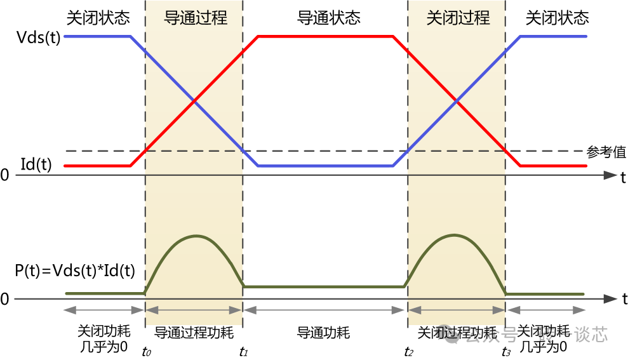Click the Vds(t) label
point(39,37)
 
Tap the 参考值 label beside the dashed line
point(606,152)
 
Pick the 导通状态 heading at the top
point(324,17)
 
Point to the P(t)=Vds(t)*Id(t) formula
point(75,271)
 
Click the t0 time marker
point(146,350)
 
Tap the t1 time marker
point(243,350)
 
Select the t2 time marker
point(409,350)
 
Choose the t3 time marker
point(506,350)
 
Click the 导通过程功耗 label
point(194,333)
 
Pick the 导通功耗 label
point(324,333)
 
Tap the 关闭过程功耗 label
point(457,333)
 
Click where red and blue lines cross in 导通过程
point(194,101)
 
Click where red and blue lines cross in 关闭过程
point(456,101)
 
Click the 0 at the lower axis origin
point(5,299)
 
